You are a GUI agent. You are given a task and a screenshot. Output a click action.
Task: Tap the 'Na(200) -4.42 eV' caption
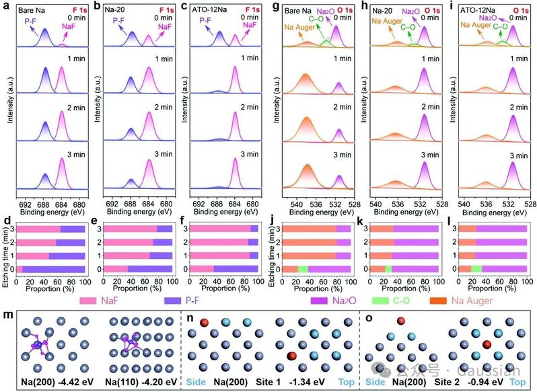tap(51, 381)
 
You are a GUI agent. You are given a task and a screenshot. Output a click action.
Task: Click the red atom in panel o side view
tap(400, 321)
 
